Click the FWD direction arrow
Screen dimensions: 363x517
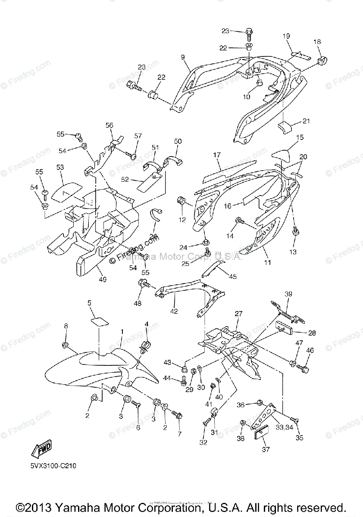click(x=41, y=450)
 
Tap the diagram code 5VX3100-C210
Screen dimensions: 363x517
click(x=53, y=466)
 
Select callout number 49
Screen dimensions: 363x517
click(x=102, y=280)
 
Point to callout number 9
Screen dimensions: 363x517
click(x=182, y=57)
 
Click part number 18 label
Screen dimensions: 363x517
click(x=317, y=42)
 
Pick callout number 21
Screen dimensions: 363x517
click(x=306, y=121)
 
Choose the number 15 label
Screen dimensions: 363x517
click(x=300, y=137)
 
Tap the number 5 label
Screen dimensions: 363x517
click(x=90, y=303)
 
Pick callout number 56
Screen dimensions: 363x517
click(x=110, y=125)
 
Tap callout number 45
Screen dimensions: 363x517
click(x=233, y=276)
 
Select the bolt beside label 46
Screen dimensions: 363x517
click(x=303, y=369)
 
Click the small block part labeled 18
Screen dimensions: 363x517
click(x=322, y=58)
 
